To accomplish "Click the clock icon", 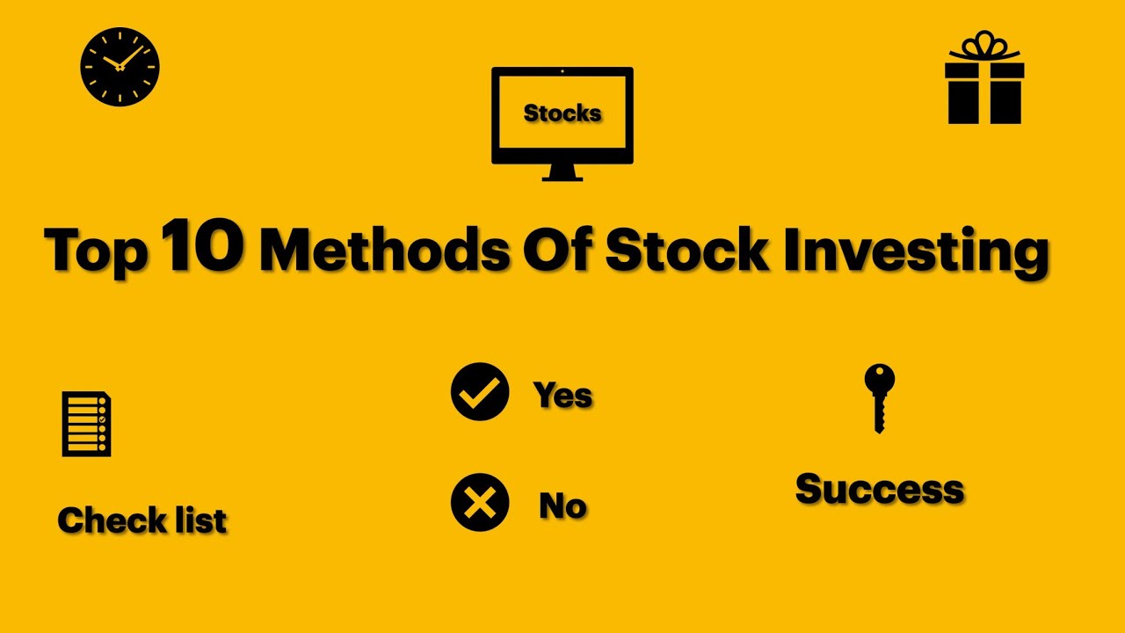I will click(x=120, y=67).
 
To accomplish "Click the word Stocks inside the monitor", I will click(x=562, y=113).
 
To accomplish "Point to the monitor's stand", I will click(x=562, y=173).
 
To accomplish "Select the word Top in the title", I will click(x=97, y=251).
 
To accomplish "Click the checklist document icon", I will click(x=86, y=424).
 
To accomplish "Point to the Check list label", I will click(x=142, y=520).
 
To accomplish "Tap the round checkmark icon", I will click(x=480, y=391).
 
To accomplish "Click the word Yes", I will click(x=562, y=395).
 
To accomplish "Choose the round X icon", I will click(x=480, y=503).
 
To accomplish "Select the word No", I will click(x=562, y=506).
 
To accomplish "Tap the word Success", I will click(x=880, y=489).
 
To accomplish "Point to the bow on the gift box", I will click(x=984, y=44).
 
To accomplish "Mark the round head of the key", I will click(x=879, y=380).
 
